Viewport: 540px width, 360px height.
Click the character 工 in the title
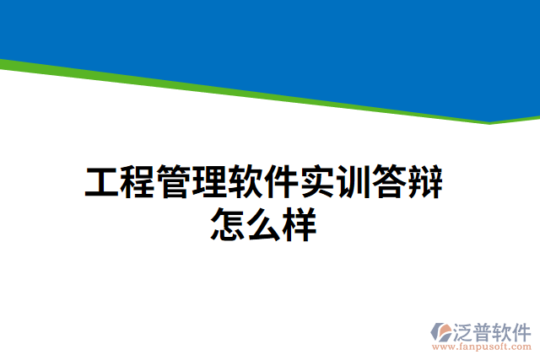(100, 183)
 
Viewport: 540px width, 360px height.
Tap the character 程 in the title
(137, 183)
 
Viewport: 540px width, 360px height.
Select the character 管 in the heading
(174, 183)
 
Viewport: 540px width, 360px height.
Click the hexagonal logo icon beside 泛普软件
(440, 330)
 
